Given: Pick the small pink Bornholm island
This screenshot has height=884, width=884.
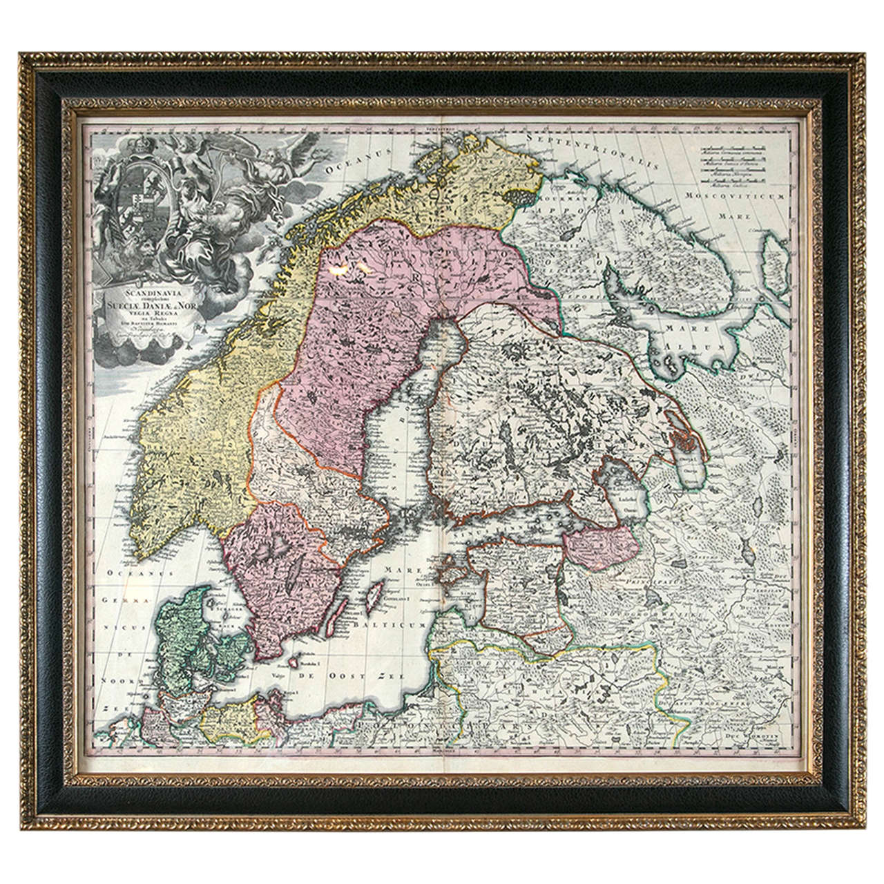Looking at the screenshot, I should (x=294, y=662).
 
